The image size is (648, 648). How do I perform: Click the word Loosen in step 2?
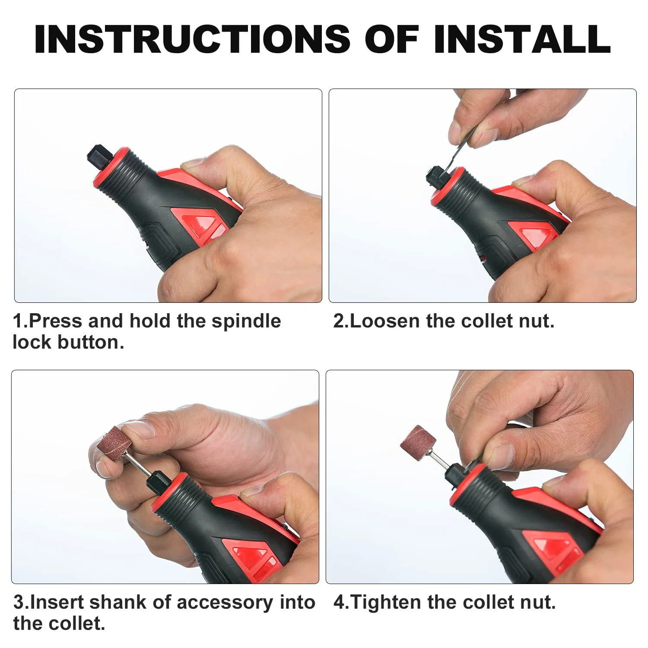385,321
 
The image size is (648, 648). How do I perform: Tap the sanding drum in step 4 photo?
418,445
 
